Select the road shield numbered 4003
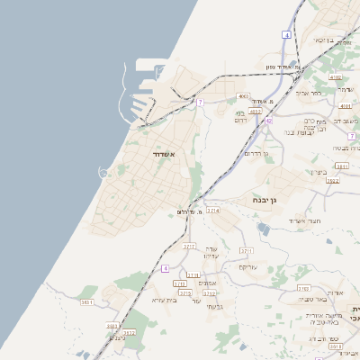pyautogui.click(x=243, y=96)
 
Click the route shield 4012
pyautogui.click(x=256, y=112)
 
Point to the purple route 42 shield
pyautogui.click(x=268, y=121)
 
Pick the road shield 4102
pyautogui.click(x=336, y=78)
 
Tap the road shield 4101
pyautogui.click(x=345, y=105)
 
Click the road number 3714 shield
pyautogui.click(x=213, y=210)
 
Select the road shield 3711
pyautogui.click(x=247, y=251)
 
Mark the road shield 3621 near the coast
pyautogui.click(x=87, y=302)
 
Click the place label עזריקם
pyautogui.click(x=248, y=267)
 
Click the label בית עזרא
pyautogui.click(x=164, y=300)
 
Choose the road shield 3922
pyautogui.click(x=332, y=181)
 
